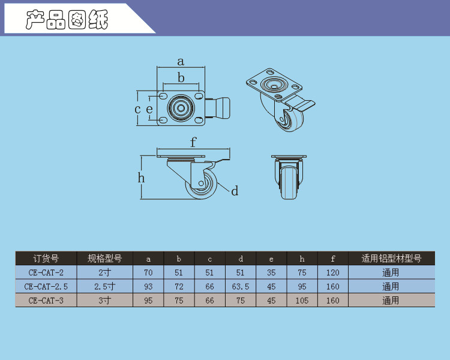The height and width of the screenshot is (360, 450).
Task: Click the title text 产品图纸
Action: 67,20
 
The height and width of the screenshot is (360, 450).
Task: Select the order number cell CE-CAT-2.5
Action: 46,287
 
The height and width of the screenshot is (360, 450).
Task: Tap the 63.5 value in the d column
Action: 241,287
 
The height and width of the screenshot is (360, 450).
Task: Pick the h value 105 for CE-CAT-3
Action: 302,301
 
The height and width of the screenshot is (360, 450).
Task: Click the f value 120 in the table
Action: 332,272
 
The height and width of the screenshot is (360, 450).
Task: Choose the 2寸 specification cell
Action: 104,272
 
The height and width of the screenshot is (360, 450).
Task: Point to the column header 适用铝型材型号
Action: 391,259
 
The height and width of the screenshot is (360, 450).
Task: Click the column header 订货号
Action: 46,259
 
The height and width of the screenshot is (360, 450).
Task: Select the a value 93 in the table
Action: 148,287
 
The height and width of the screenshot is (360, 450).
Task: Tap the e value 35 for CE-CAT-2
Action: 271,272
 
